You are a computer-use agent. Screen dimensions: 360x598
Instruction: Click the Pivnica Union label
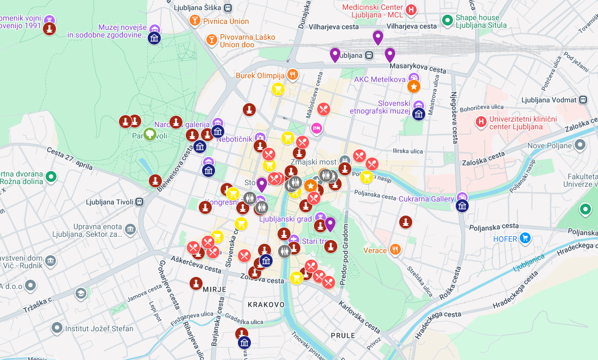[225, 21]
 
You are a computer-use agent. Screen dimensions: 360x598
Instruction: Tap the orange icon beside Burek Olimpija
[293, 74]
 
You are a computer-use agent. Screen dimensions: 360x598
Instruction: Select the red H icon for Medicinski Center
[412, 9]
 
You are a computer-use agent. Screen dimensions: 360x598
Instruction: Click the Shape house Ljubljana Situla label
[481, 21]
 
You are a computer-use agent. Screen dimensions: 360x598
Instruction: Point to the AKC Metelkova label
[380, 79]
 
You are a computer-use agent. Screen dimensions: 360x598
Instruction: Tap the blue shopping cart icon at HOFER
[525, 238]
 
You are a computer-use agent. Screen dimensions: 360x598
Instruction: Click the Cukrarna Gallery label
[426, 199]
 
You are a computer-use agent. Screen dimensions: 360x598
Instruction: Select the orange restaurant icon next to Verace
[395, 250]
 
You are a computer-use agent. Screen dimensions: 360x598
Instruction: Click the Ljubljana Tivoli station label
[109, 202]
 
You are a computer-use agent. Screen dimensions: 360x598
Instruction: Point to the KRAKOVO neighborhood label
[266, 305]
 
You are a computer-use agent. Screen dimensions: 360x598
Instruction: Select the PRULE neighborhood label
[343, 336]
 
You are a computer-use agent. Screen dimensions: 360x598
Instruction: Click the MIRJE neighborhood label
[214, 289]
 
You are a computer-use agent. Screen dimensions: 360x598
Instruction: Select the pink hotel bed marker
[316, 128]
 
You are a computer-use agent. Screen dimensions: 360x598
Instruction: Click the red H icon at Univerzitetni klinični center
[481, 122]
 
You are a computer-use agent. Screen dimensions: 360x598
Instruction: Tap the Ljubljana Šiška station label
[198, 8]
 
